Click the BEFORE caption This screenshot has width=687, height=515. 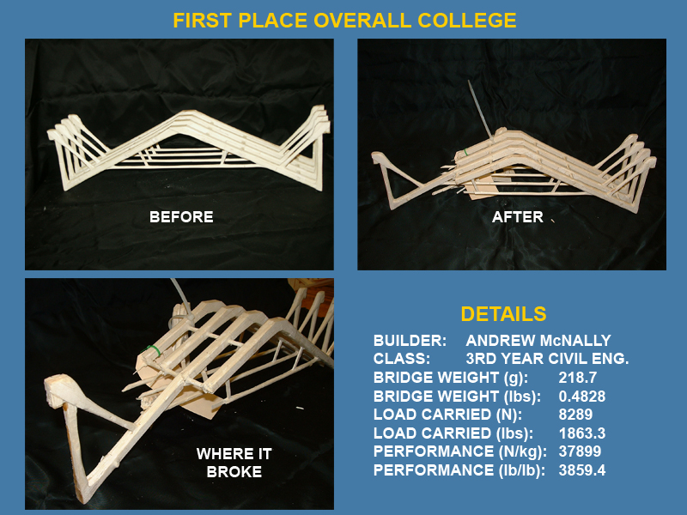coord(181,217)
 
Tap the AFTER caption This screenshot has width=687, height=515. coord(518,217)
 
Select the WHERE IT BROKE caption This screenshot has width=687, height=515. coord(234,463)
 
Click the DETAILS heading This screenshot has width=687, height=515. coord(503,314)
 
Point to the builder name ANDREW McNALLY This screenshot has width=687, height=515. coord(538,340)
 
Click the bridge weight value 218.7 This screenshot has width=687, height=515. coord(577,378)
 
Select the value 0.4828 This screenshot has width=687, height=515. coord(582,397)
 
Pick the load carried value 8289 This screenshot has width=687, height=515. coord(575,415)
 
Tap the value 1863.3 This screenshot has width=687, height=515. coord(582,433)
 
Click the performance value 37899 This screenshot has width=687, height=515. coord(580,451)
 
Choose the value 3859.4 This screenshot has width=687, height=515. coord(582,470)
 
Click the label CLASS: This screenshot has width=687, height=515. coord(402,359)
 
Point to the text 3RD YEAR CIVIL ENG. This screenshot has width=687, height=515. coord(547,359)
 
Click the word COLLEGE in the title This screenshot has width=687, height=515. coord(467,21)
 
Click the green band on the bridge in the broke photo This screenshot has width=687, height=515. coord(153,350)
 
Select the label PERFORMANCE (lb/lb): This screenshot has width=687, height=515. coord(459,470)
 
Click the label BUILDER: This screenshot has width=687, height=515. coord(410,340)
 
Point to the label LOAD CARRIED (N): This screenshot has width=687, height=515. coord(447,415)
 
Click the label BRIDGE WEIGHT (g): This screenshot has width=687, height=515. coord(450,378)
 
